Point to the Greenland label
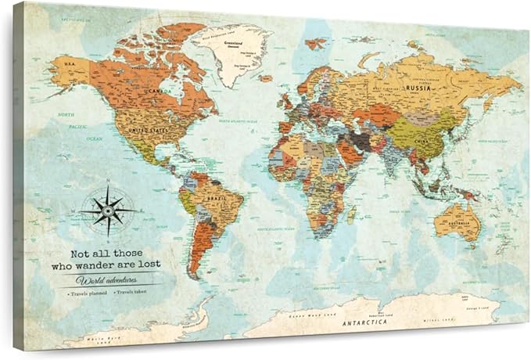coord(233,44)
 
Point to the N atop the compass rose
coord(109,183)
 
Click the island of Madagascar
coord(351,213)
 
